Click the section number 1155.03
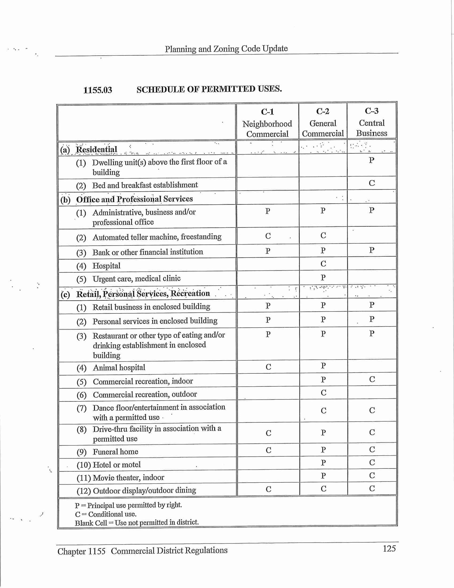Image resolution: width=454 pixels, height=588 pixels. pos(98,90)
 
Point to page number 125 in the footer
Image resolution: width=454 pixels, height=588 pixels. pos(389,549)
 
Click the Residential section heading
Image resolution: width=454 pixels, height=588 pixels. pos(96,149)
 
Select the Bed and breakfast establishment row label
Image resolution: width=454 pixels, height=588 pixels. pos(145,185)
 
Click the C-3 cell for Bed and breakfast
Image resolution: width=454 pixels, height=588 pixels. pos(372,183)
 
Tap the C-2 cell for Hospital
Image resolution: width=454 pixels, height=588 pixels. pos(323,264)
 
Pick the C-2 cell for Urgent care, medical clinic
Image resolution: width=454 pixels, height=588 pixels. pos(323,277)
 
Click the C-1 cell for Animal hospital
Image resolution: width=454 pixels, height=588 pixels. pos(268,367)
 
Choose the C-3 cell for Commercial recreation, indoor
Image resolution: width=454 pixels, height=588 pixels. pos(372,379)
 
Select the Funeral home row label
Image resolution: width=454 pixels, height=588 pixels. pos(115,452)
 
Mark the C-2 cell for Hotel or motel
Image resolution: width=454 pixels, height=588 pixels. pos(323,463)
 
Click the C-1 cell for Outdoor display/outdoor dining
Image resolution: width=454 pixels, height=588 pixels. pos(268,489)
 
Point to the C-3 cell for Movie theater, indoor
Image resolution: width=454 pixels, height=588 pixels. pos(372,476)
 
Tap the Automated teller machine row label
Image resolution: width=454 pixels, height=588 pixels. pos(157,237)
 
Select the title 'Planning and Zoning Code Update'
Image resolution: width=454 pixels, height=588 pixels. pos(226,49)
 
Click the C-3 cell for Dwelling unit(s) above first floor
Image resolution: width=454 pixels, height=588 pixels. pos(371,160)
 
